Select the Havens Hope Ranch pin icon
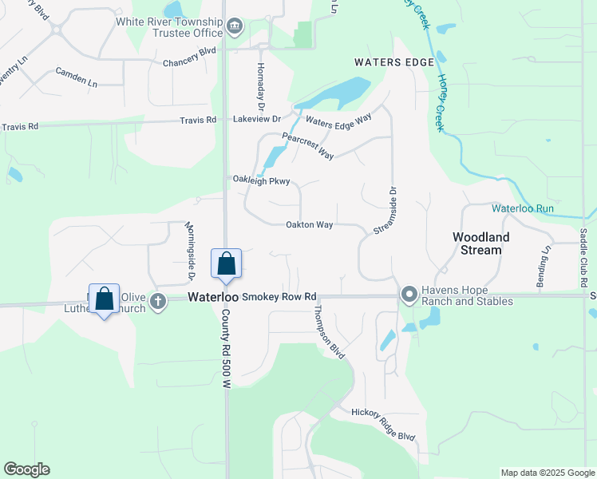coord(409,295)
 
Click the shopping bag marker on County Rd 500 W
coord(226,263)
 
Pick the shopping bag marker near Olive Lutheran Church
coord(104,299)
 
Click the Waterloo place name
coord(212,296)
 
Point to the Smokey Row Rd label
coord(279,296)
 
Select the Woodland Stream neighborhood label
coord(477,243)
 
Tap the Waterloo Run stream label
coord(522,208)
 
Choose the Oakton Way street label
coord(309,225)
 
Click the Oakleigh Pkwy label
coord(261,180)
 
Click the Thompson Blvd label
coord(329,332)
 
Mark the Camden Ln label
coord(77,77)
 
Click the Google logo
coord(26,469)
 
